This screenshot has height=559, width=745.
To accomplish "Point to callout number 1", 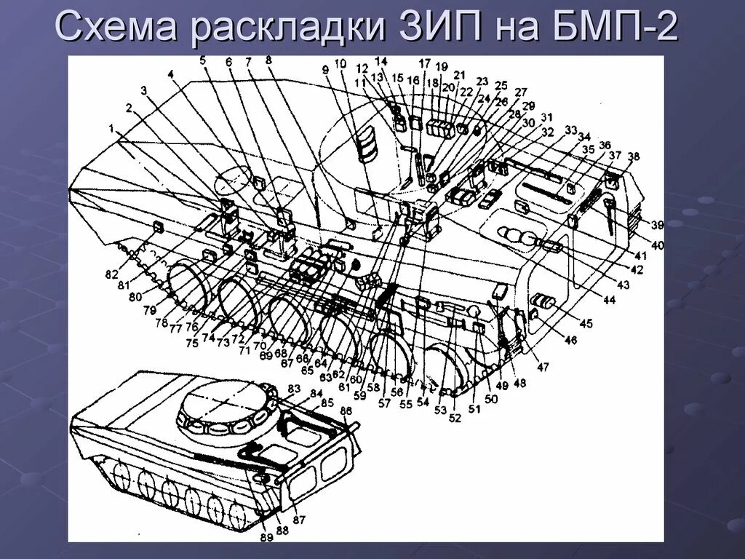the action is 113,128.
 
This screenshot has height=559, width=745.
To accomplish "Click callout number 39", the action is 657,223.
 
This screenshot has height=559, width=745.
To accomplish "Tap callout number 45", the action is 586,323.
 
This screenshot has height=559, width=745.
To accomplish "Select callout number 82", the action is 111,274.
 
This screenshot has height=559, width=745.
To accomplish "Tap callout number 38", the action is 634,156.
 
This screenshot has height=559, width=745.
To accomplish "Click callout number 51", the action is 474,409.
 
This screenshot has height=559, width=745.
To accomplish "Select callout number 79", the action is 149,311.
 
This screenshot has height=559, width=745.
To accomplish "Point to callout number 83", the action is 294,387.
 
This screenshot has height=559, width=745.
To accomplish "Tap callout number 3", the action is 143,90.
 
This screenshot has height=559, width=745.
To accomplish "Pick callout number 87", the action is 299,520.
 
